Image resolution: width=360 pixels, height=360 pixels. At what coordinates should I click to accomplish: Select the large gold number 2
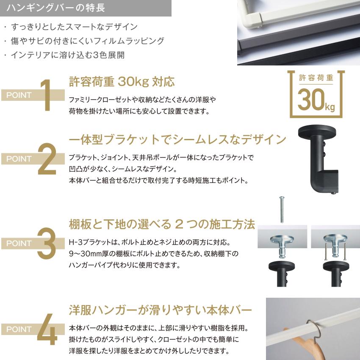(47, 159)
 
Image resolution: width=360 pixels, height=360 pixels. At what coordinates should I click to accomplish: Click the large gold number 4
(47, 329)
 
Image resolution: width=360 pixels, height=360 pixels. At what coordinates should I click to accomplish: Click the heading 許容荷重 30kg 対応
(122, 81)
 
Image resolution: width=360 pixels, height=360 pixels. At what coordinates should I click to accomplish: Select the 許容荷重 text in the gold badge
(316, 78)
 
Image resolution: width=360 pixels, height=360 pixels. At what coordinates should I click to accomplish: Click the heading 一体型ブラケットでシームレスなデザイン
(177, 139)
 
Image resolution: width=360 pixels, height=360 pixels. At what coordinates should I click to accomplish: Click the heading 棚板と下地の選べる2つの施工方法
(162, 224)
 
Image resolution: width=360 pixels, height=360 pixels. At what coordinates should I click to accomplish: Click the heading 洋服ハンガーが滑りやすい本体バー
(161, 309)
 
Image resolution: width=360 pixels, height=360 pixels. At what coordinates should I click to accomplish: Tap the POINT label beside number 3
(19, 244)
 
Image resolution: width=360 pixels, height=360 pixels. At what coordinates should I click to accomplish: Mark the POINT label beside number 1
(19, 95)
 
